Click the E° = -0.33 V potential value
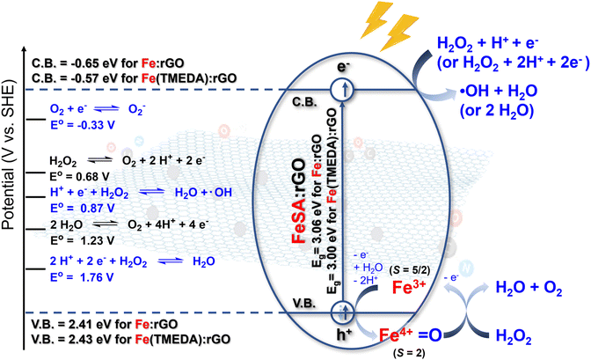coord(83,125)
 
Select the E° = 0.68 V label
coord(79,177)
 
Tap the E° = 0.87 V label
coord(83,209)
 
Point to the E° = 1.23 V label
coord(83,240)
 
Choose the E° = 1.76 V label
coord(82,277)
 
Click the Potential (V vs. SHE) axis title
coord(8,155)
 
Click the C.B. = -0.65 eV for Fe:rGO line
coord(108,62)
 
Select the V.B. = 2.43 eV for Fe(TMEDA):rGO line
coord(131,339)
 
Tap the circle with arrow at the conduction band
coord(343,90)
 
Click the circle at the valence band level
coord(343,312)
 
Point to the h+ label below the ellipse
coord(343,334)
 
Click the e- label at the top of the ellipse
coord(343,67)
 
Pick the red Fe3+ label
coord(409,287)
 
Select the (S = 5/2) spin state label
coord(409,270)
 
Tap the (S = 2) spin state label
coord(409,353)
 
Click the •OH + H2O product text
coord(499,91)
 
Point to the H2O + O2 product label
coord(529,288)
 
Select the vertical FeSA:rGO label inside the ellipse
coord(298,201)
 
